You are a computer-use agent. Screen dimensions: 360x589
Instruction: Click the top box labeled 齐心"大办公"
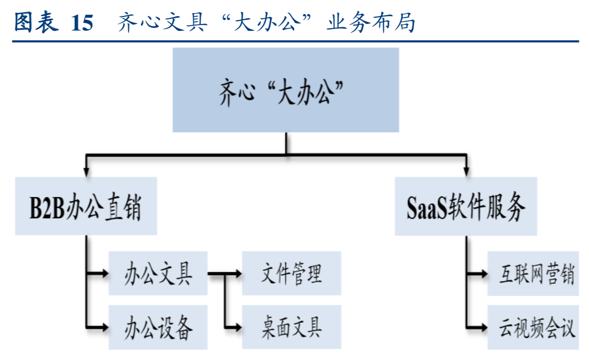point(286,90)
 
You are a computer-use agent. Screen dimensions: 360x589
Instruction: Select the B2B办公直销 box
point(85,206)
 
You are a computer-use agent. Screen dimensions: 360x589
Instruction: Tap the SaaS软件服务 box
point(465,206)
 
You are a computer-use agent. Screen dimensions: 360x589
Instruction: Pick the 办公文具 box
point(158,273)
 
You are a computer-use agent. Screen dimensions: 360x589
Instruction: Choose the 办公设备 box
point(158,327)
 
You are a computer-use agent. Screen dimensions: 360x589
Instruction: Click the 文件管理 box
point(291,273)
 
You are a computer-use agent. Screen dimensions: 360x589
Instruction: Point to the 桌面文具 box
point(291,327)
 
